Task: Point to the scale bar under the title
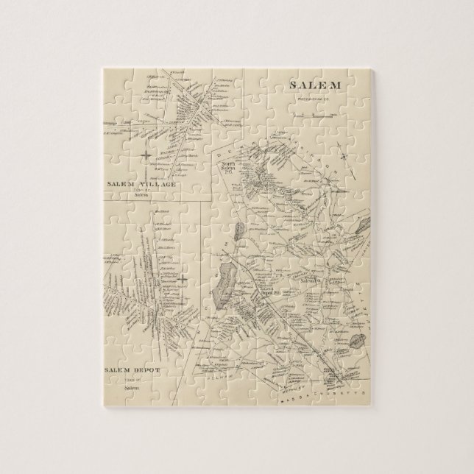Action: point(313,115)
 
